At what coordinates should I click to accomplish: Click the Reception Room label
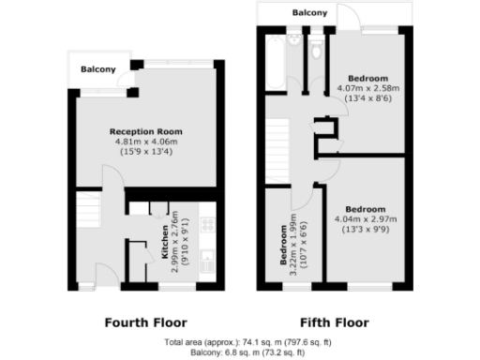coord(145,131)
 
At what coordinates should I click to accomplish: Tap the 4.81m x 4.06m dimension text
coord(145,142)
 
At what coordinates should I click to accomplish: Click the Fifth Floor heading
coord(334,322)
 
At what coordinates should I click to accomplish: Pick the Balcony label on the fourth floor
coord(97,69)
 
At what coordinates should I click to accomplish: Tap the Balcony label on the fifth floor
coord(309,13)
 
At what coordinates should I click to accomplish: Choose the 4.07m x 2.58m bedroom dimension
coord(367,89)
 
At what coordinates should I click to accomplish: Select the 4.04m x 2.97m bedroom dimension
coord(365,218)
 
